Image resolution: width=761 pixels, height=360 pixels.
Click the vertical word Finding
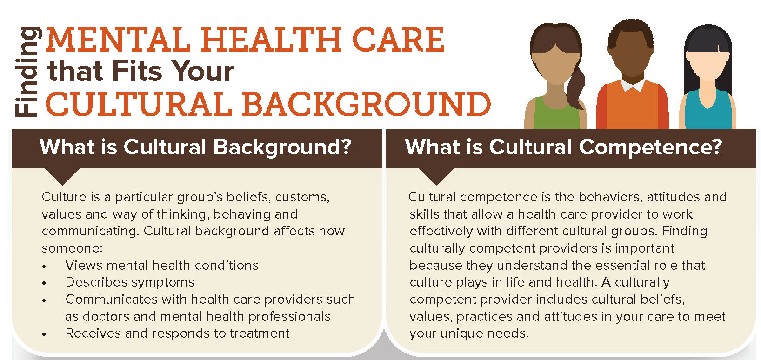28,72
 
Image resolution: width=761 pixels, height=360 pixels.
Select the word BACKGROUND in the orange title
367,104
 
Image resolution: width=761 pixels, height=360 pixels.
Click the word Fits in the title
137,71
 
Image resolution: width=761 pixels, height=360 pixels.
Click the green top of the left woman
556,113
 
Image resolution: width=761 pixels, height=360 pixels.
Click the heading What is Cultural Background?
195,148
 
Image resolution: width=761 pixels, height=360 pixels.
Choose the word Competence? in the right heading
650,148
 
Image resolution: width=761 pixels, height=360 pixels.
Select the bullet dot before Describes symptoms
44,283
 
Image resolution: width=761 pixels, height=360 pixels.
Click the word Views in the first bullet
84,265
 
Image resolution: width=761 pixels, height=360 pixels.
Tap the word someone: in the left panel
72,248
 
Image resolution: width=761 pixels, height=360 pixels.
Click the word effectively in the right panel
441,231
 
